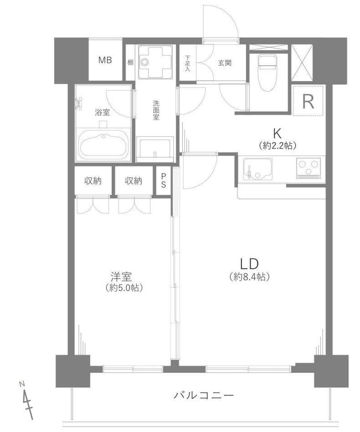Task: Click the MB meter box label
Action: (105, 60)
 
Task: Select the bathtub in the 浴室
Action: (103, 144)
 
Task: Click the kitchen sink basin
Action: (257, 169)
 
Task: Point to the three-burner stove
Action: (309, 168)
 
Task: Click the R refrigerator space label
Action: (308, 101)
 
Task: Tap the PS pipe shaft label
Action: (164, 181)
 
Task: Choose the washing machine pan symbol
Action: (155, 62)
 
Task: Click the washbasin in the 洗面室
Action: (155, 148)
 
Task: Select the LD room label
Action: (249, 264)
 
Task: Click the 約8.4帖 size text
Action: (249, 276)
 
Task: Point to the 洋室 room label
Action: (121, 276)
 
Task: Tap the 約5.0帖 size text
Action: (124, 288)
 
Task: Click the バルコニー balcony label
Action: (204, 396)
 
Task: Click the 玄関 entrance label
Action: (225, 63)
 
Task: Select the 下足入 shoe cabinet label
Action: (187, 64)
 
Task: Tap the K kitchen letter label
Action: (277, 134)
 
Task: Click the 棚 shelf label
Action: (130, 62)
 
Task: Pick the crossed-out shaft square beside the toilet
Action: (302, 62)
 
